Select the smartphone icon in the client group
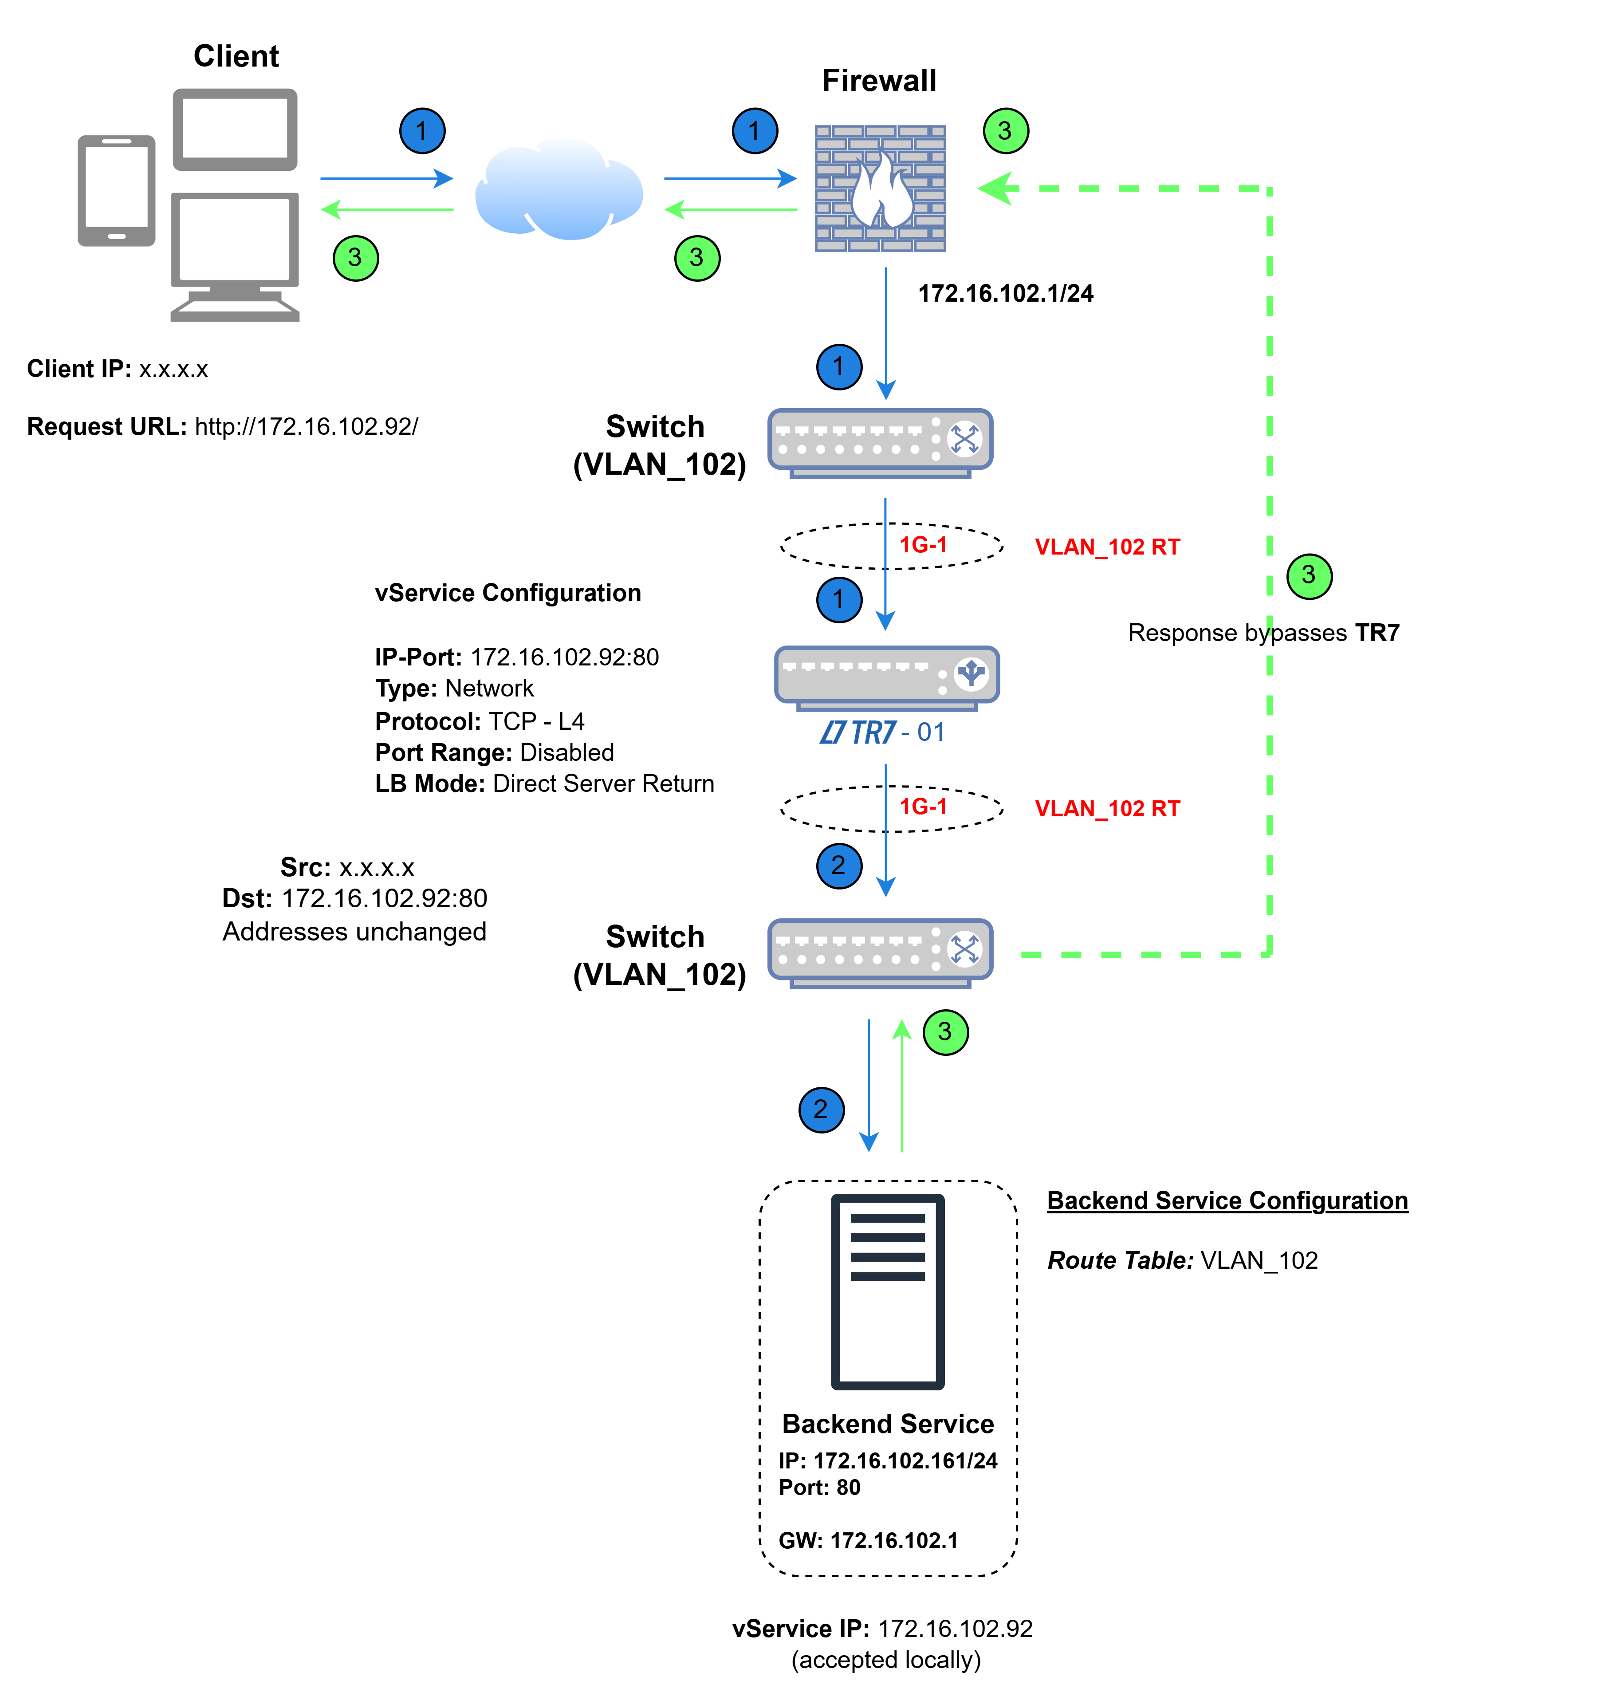[117, 191]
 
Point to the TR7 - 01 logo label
[882, 732]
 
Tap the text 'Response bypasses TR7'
[1264, 633]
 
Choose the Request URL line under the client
[223, 427]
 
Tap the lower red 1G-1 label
[923, 807]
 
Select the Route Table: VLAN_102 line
[1182, 1260]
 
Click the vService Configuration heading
[507, 593]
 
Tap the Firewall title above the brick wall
[879, 81]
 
